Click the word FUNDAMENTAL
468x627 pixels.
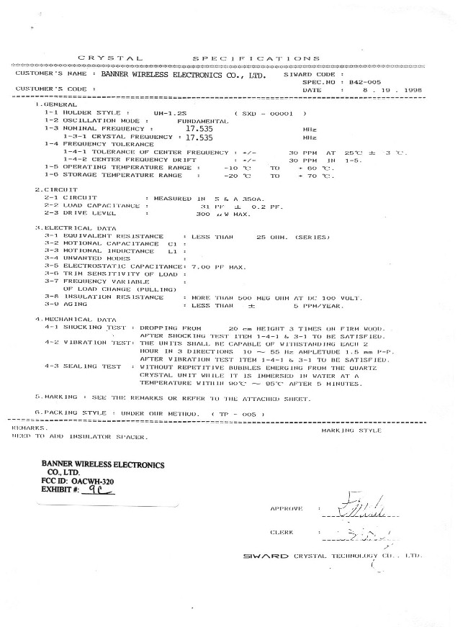point(202,121)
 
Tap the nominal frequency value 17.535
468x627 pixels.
point(199,128)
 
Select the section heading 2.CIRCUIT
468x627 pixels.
point(55,189)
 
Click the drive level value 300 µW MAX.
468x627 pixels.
point(222,213)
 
